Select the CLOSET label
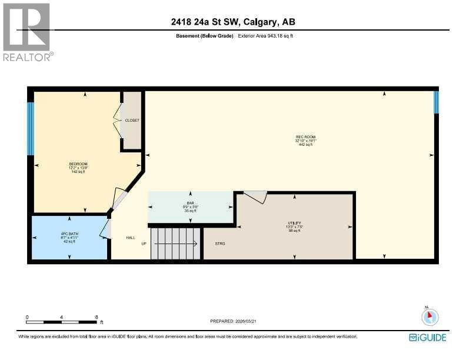coord(132,120)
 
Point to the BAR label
coord(190,204)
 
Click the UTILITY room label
coord(294,223)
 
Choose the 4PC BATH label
coord(69,234)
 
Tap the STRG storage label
coord(219,243)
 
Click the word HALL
coord(131,238)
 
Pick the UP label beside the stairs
coord(144,243)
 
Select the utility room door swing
coord(255,197)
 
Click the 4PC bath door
coord(105,229)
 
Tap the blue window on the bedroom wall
coord(30,129)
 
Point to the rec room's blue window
coord(436,102)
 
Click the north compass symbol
coord(430,316)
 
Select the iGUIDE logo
coord(428,338)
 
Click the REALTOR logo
coord(27,32)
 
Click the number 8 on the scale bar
coord(96,317)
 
